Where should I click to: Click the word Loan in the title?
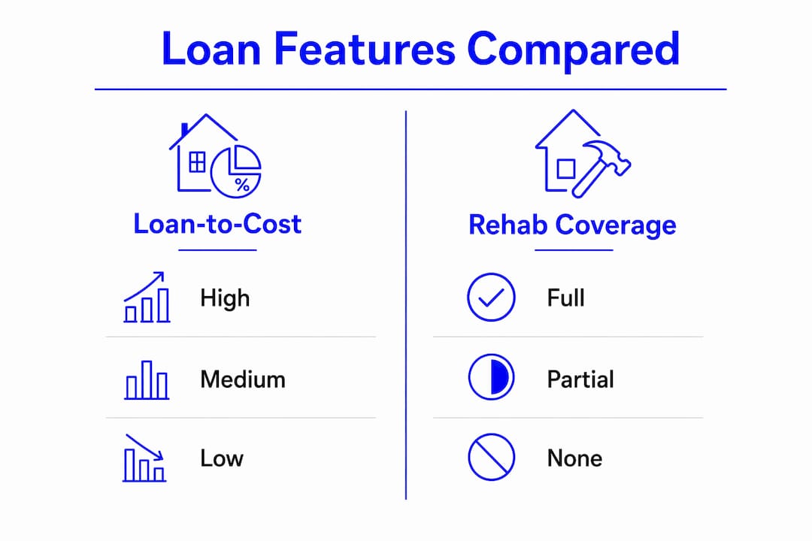(211, 49)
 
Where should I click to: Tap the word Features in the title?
(365, 49)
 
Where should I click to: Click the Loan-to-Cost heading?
(217, 224)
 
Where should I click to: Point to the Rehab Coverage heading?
(572, 225)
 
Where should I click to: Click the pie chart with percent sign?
(236, 171)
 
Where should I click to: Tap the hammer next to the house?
(601, 168)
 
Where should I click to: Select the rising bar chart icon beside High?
(147, 297)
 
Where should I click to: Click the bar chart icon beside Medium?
(147, 380)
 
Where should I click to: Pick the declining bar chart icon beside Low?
(144, 458)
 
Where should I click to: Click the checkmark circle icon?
(491, 297)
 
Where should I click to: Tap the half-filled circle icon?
(491, 377)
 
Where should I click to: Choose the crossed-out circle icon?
(491, 457)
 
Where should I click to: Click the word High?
(225, 299)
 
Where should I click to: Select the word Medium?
(243, 379)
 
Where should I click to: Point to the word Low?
(222, 458)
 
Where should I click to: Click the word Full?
(566, 298)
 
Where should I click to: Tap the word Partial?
(580, 379)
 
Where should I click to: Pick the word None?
(575, 458)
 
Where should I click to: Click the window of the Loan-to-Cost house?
(197, 162)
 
